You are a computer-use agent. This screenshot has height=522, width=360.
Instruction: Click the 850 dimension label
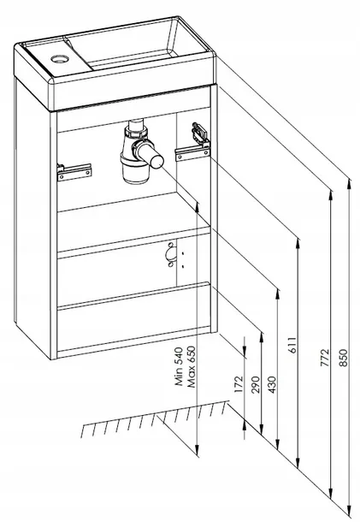[x=344, y=358]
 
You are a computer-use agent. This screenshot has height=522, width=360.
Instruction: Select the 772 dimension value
[x=325, y=358]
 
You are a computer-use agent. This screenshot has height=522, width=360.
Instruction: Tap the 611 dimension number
[x=292, y=345]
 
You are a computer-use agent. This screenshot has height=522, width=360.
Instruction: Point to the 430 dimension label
[x=272, y=384]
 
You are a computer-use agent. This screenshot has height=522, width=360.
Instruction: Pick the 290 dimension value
[x=256, y=384]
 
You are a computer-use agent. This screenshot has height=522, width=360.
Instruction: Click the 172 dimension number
[x=239, y=384]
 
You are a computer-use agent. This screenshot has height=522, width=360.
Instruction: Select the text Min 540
[x=180, y=366]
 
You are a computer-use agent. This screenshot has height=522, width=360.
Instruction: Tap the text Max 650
[x=191, y=367]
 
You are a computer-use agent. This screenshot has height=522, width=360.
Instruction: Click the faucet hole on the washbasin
[x=60, y=59]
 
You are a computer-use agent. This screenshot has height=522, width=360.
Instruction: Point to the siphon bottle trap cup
[x=136, y=170]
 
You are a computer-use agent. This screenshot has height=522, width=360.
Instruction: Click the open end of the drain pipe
[x=157, y=162]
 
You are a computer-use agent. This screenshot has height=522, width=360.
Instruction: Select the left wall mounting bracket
[x=74, y=172]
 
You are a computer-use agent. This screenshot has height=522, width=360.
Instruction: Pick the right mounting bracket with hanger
[x=195, y=144]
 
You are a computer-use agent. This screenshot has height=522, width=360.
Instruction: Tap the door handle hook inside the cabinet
[x=171, y=255]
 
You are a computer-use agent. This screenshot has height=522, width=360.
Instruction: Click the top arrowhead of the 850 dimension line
[x=349, y=184]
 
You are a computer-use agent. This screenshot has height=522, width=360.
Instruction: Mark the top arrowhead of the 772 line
[x=330, y=196]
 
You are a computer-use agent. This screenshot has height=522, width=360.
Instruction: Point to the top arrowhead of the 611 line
[x=298, y=244]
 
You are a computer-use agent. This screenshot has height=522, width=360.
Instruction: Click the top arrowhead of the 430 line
[x=277, y=294]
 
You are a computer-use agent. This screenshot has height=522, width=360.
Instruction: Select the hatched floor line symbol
[x=155, y=418]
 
